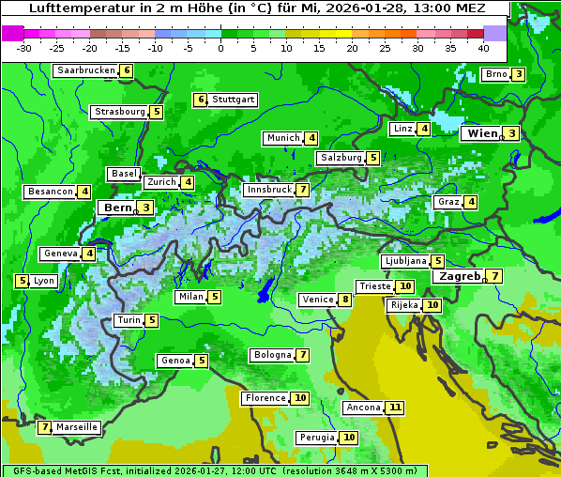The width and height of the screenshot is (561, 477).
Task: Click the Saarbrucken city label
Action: tap(85, 70)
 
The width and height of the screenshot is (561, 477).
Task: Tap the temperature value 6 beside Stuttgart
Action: tap(200, 100)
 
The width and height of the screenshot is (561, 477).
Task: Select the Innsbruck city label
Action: tap(267, 190)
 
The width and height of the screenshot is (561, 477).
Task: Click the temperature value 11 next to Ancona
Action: tap(395, 408)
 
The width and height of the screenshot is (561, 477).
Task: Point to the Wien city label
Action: tap(482, 133)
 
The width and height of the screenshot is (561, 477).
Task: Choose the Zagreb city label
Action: tap(458, 276)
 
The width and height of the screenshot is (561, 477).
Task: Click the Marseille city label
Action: tap(77, 427)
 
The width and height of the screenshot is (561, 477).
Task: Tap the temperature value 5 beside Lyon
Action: tap(21, 281)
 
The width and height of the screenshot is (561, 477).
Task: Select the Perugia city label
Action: tap(316, 438)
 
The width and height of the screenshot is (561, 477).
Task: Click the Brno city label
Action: tap(494, 75)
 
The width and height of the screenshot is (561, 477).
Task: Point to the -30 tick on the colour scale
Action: tap(24, 48)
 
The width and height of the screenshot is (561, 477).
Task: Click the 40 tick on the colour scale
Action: tap(483, 48)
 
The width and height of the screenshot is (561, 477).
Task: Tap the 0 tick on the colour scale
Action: tap(220, 48)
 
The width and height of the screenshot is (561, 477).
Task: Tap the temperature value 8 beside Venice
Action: tap(345, 300)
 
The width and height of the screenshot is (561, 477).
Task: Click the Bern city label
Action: tap(117, 208)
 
